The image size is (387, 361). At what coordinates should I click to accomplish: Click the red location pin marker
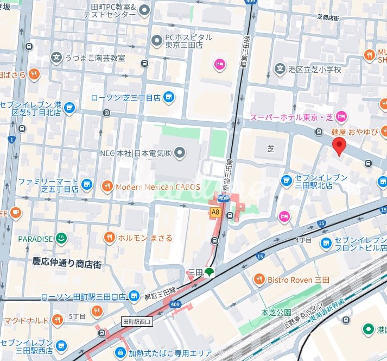tap(339, 146)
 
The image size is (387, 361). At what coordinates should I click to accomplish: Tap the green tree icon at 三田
tap(209, 272)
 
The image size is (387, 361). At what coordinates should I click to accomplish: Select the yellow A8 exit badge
tap(215, 211)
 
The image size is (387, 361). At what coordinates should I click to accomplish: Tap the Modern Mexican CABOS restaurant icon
tap(108, 187)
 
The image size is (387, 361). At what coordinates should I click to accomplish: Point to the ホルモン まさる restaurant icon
tap(110, 238)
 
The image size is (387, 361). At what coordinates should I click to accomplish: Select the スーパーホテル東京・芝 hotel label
tap(290, 117)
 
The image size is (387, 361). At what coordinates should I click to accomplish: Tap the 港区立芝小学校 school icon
tap(280, 69)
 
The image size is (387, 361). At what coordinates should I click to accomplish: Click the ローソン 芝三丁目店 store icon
tap(169, 98)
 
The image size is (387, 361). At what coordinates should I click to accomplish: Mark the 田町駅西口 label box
tap(138, 322)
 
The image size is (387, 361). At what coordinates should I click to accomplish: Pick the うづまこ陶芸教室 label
tap(94, 57)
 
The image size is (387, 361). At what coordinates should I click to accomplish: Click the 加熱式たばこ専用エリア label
tap(170, 353)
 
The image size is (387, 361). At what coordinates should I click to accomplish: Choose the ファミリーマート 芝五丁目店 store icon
tap(86, 185)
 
